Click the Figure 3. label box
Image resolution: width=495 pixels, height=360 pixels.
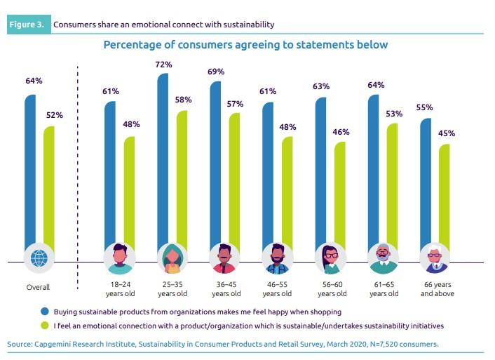tap(29, 25)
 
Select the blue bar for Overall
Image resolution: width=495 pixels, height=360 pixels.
tap(29, 168)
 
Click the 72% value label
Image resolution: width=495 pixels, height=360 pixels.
tap(163, 64)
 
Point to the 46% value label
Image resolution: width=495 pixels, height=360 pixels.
tap(341, 132)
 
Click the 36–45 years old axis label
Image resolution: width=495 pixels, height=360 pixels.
tap(225, 290)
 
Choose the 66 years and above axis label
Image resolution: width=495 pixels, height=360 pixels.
tap(435, 290)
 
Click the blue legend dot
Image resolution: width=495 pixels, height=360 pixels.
tap(44, 310)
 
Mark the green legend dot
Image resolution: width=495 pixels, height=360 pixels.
tap(44, 326)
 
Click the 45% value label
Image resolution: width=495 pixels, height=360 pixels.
tap(446, 133)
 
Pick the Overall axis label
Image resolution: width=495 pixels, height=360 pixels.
tap(39, 286)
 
